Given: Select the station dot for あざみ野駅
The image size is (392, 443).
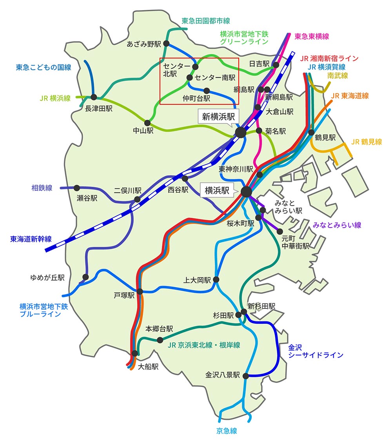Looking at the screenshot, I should (166, 44).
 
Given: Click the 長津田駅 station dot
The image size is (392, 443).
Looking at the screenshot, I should (94, 97).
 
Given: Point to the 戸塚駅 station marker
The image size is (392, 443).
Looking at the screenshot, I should (140, 292).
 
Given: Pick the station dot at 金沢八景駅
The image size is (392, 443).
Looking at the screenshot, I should (246, 376).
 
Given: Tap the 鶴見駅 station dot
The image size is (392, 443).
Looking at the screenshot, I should (312, 132).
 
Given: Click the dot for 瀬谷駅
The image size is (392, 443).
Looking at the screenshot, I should (77, 188).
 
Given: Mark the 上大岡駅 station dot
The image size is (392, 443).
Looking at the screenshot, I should (216, 279).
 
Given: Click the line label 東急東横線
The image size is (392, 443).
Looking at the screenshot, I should (312, 36).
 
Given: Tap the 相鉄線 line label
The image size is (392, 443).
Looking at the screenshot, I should (42, 188).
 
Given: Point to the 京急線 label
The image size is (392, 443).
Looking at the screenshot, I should (227, 431).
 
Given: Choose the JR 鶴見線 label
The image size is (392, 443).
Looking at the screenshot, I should (367, 142).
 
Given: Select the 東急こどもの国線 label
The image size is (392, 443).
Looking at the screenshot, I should (44, 67).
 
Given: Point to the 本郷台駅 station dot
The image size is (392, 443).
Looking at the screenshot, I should (160, 340).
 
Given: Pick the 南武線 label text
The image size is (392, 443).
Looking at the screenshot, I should (338, 76).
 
